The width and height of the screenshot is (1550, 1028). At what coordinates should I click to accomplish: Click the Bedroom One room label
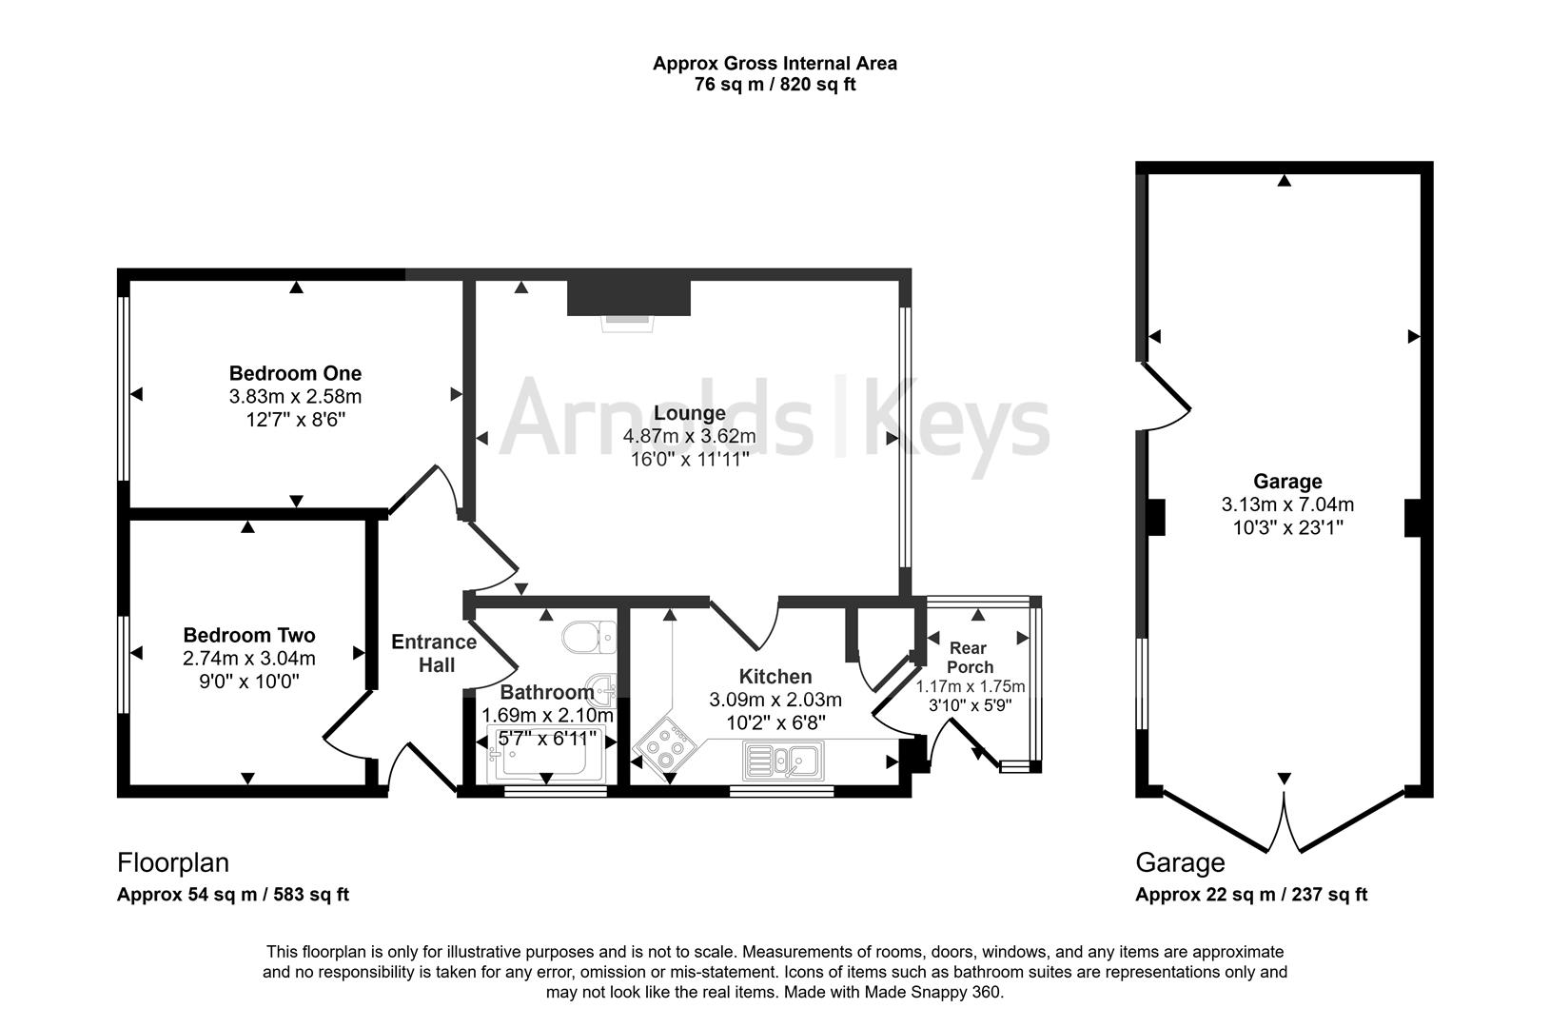click(x=295, y=373)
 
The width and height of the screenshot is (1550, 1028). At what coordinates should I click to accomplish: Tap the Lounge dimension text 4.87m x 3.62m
click(x=689, y=437)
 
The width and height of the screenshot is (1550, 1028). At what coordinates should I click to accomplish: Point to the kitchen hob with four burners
click(x=665, y=748)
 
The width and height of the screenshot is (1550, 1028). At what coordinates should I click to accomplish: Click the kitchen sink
click(x=785, y=761)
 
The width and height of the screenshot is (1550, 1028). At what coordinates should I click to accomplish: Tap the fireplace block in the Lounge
click(x=628, y=297)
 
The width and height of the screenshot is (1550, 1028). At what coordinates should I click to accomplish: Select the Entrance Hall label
click(x=435, y=653)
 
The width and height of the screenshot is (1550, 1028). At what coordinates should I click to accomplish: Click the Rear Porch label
click(x=969, y=658)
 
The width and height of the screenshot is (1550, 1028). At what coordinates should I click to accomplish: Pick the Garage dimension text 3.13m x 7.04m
click(x=1287, y=504)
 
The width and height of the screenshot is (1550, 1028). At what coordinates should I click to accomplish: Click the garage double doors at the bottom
click(x=1285, y=823)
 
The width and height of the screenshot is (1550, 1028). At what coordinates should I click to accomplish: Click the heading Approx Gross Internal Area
click(x=775, y=64)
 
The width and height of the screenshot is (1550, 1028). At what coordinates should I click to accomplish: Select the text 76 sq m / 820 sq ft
click(x=775, y=85)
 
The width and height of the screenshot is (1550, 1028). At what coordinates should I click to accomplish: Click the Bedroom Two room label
click(x=248, y=635)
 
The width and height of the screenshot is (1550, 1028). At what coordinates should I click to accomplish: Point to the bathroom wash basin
click(x=601, y=686)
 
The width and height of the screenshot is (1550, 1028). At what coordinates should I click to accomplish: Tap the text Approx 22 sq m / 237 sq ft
click(x=1250, y=895)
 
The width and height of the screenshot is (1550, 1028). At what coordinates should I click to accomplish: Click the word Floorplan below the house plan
click(x=173, y=863)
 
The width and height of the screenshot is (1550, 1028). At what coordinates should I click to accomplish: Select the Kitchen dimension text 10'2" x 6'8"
click(x=775, y=722)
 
